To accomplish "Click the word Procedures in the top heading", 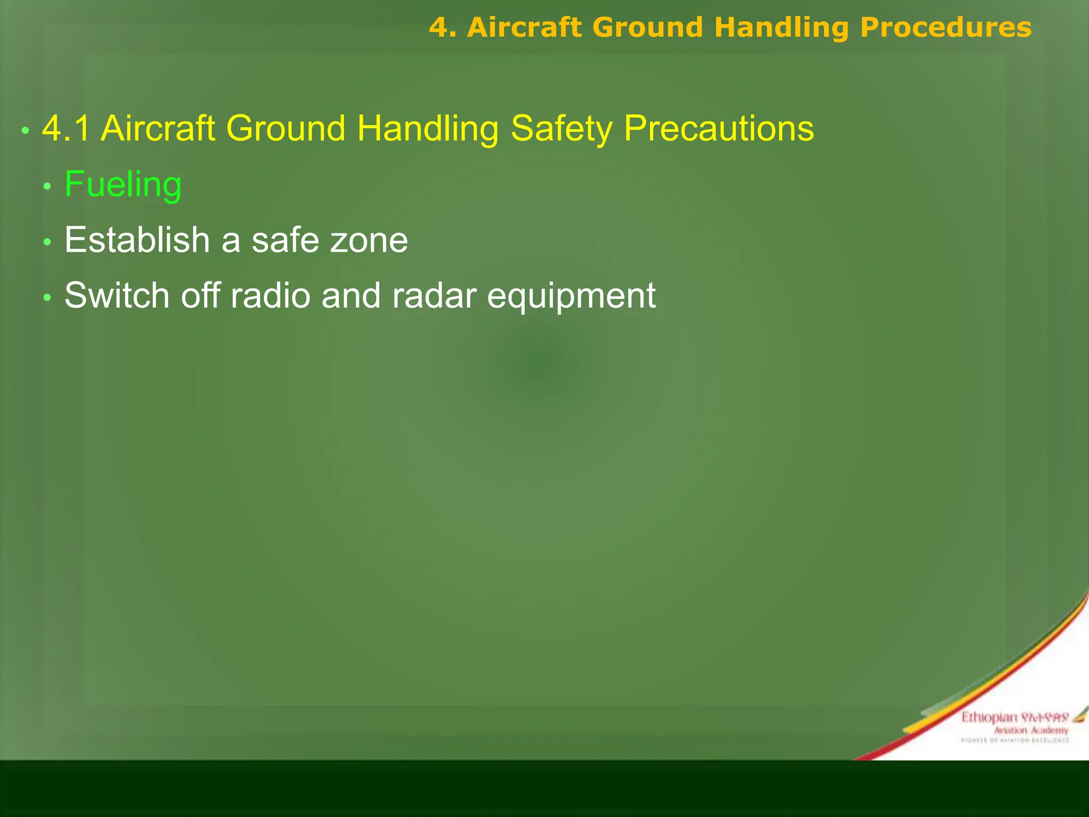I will click(945, 28).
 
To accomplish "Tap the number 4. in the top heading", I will click(443, 28).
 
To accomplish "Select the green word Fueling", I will click(123, 185).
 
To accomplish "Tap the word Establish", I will click(137, 240).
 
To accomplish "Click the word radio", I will click(270, 295).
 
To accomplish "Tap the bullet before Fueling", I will click(47, 187).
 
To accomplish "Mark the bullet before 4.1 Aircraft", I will click(25, 130).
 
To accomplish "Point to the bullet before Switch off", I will click(47, 298).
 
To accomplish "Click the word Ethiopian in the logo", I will click(989, 718).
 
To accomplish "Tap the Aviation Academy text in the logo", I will click(1031, 730).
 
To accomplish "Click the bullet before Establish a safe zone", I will click(47, 243).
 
